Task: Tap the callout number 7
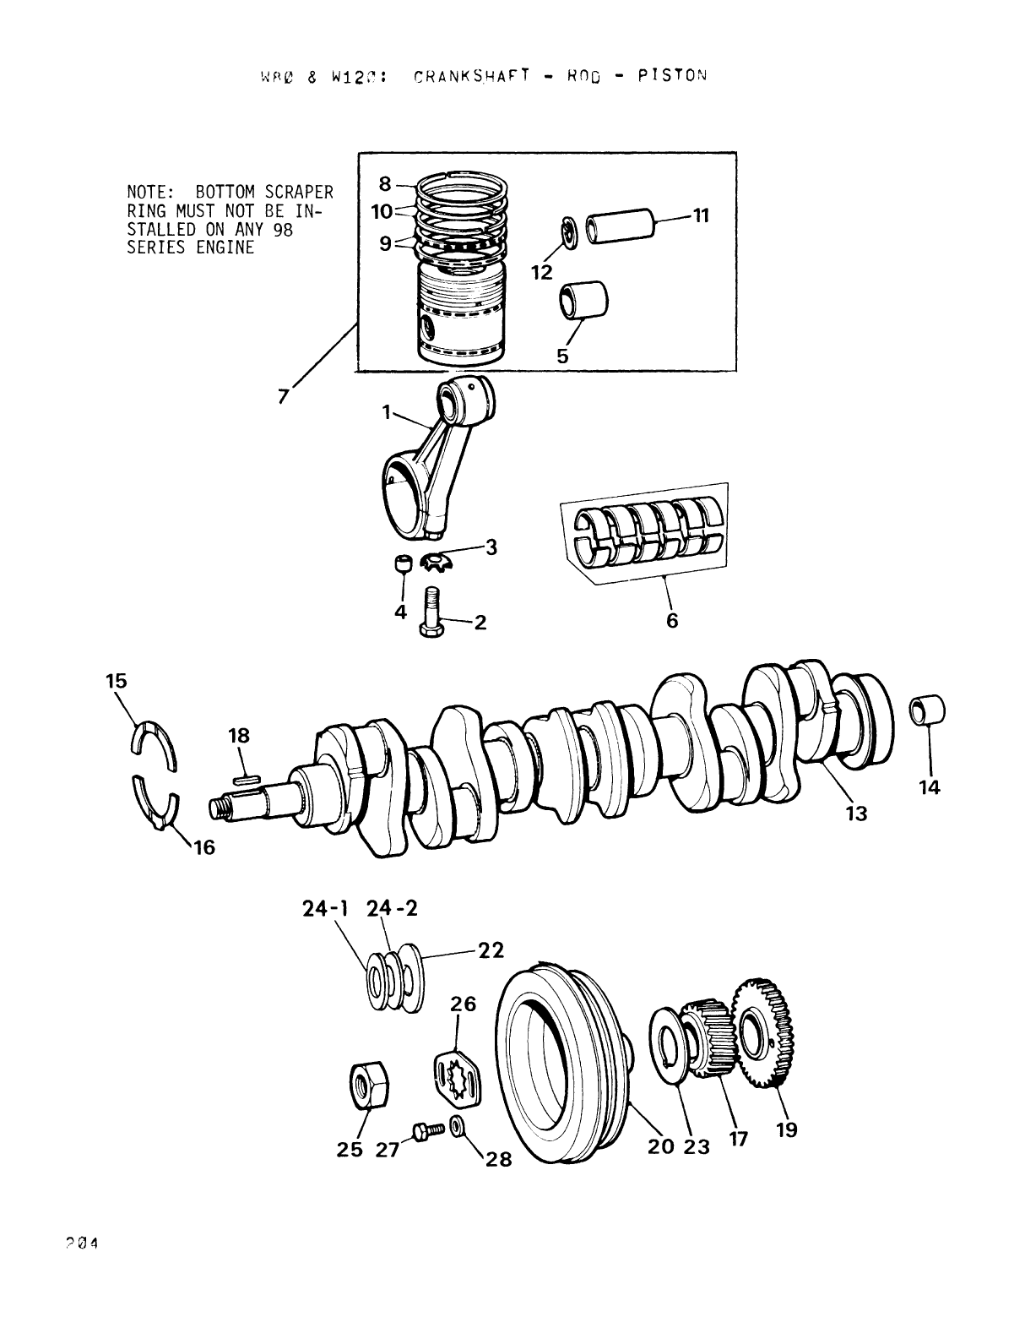point(285,395)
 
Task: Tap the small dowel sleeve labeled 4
point(403,563)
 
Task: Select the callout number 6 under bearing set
point(671,620)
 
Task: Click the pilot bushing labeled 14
point(927,710)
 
